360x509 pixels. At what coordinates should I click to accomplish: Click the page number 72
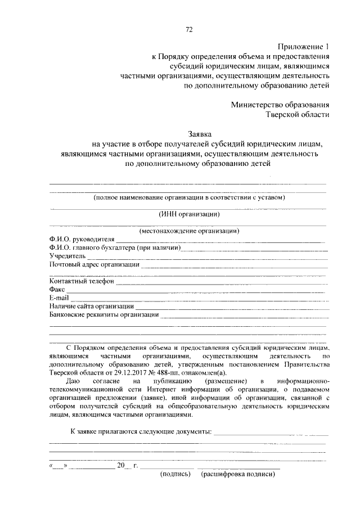[189, 30]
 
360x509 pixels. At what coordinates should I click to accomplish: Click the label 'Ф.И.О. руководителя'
[82, 240]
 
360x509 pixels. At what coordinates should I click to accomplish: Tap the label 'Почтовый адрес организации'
[94, 264]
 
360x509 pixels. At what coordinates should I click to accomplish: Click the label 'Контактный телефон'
[82, 281]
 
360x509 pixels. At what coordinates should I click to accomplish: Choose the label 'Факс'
[57, 289]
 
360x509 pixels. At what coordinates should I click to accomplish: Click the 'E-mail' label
[58, 297]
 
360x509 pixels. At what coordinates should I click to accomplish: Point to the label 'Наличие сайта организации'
[91, 305]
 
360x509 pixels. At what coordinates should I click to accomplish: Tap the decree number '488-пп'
[175, 372]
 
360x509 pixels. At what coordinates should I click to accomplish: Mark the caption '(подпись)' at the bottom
[176, 474]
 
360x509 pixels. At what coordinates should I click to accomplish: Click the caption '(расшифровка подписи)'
[238, 474]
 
